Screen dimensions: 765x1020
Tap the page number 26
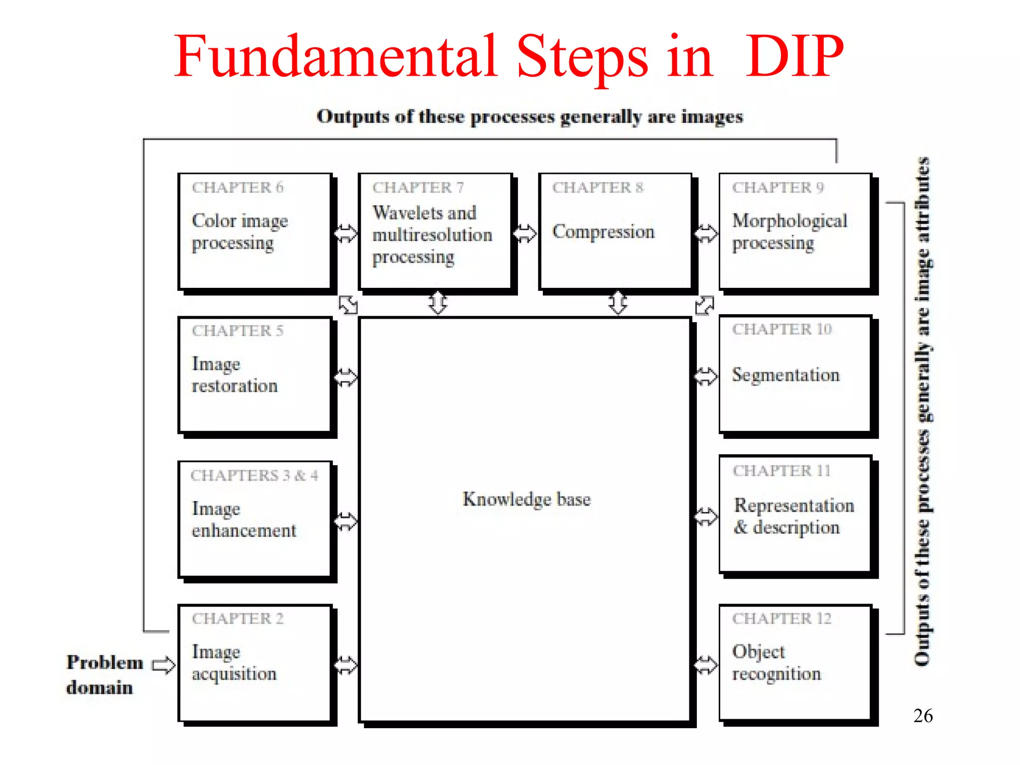click(923, 716)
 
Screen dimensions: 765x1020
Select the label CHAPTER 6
click(238, 187)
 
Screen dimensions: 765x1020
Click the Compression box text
click(603, 232)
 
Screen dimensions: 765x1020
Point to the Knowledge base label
click(526, 499)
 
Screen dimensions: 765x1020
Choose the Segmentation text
click(785, 375)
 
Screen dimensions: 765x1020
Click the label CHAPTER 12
click(781, 619)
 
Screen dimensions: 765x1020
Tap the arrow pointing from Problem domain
click(163, 665)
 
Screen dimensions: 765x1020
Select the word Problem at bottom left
click(105, 662)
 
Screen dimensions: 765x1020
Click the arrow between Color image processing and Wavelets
click(346, 233)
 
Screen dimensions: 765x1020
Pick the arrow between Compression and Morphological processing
click(706, 233)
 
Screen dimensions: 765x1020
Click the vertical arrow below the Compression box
click(618, 302)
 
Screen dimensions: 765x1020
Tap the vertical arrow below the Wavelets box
click(438, 302)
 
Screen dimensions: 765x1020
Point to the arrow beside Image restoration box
click(346, 377)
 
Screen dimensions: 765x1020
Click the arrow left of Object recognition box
click(706, 665)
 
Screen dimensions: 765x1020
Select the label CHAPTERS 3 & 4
click(254, 476)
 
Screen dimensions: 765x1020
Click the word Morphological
click(789, 221)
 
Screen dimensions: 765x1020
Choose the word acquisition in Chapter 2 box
click(234, 674)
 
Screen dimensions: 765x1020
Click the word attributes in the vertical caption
click(923, 200)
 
